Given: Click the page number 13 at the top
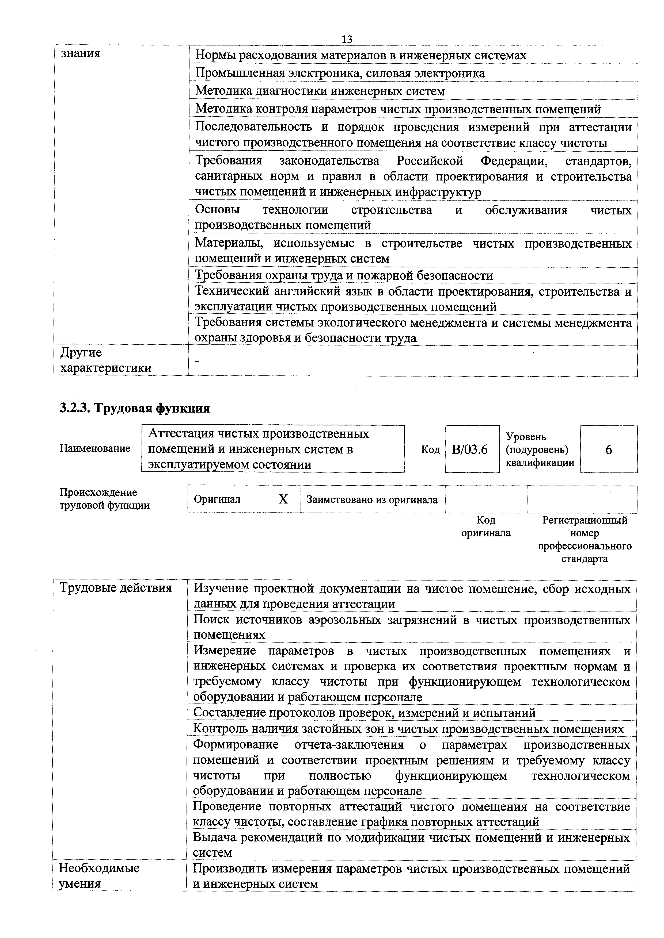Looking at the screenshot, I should coord(346,39).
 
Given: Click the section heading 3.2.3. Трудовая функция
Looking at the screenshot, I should coord(135,408).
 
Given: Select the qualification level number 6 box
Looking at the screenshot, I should coord(608,449).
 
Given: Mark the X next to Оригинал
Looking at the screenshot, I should coord(283,499).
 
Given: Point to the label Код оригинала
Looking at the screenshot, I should coord(486,526).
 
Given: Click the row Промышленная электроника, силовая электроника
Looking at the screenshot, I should coord(340,73).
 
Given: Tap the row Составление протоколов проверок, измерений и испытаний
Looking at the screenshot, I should coord(364,713).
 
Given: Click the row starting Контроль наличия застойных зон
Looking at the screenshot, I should coord(408,729).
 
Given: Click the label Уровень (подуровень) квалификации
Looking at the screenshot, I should coord(540,449).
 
